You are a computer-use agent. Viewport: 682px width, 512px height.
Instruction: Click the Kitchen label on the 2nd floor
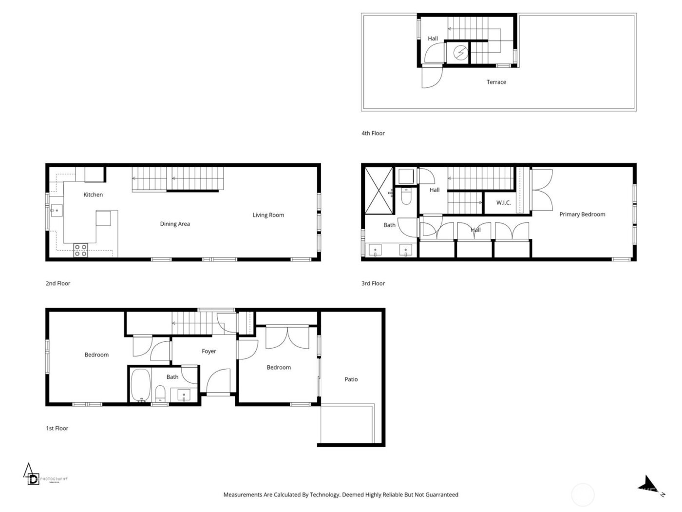click(x=93, y=195)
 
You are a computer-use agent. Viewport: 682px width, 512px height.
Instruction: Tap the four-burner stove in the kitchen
click(x=80, y=250)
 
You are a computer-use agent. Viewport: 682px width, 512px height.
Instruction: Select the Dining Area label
click(x=175, y=224)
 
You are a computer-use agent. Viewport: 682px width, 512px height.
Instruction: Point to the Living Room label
click(x=268, y=215)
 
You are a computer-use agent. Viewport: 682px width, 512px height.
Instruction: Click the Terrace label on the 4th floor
click(x=496, y=82)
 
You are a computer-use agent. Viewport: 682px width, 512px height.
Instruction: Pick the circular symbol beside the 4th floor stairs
click(x=459, y=53)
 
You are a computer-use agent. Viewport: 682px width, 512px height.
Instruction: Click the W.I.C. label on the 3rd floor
click(x=504, y=202)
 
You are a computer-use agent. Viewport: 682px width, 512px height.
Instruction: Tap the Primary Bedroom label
click(x=582, y=214)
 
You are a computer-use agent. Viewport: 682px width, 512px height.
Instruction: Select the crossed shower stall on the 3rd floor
click(x=379, y=190)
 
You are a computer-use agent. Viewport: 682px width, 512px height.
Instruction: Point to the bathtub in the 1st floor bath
click(x=140, y=385)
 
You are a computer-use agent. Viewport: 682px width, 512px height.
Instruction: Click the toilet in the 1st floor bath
click(x=160, y=393)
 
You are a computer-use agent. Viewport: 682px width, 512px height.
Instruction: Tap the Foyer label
click(x=209, y=351)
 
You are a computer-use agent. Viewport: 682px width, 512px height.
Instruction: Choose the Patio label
click(x=351, y=379)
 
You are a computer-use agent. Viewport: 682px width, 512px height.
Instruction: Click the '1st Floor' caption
click(x=57, y=428)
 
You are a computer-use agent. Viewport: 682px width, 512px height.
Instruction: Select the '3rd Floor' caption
click(x=373, y=283)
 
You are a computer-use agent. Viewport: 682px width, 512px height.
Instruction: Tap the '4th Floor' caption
click(x=373, y=133)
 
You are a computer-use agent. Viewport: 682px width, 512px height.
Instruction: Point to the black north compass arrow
click(x=650, y=484)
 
